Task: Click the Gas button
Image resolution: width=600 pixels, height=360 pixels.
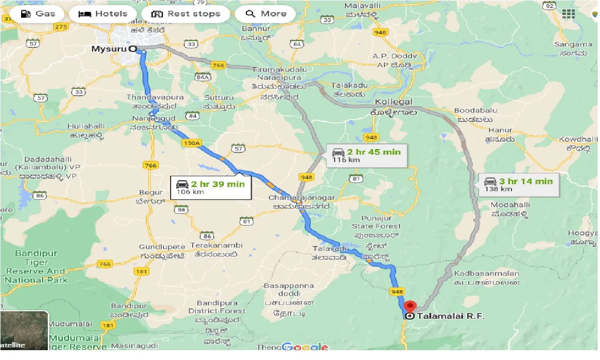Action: coord(38,14)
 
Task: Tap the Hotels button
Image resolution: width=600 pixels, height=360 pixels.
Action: coord(103,14)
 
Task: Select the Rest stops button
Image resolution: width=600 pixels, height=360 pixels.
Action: coord(186,14)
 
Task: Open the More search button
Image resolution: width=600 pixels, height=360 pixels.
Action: coord(265,14)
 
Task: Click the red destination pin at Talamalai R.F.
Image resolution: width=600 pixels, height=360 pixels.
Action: coord(410,307)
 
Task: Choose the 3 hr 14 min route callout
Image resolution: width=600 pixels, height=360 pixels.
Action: coord(518,185)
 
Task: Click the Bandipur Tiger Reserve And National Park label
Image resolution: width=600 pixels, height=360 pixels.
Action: coord(37,267)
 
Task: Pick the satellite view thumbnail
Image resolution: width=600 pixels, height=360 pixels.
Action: coord(24,331)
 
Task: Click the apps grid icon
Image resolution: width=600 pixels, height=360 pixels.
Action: coord(568,14)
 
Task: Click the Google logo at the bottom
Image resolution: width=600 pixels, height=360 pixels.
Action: coord(305,347)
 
